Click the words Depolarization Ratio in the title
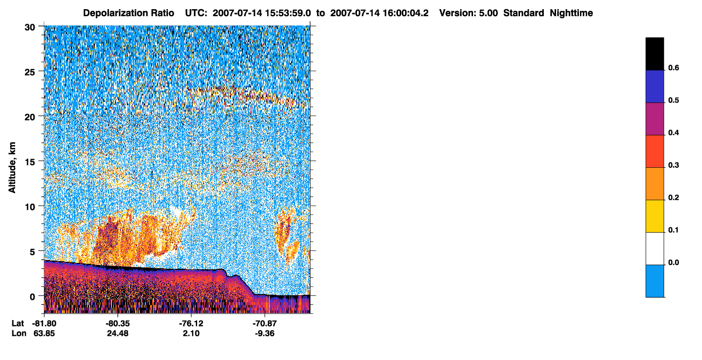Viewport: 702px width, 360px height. pyautogui.click(x=129, y=13)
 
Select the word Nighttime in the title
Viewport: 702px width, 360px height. pyautogui.click(x=571, y=13)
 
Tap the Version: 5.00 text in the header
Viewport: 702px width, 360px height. pyautogui.click(x=469, y=13)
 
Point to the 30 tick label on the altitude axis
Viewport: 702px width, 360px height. pyautogui.click(x=30, y=28)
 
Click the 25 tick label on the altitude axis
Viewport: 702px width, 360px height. pyautogui.click(x=30, y=72)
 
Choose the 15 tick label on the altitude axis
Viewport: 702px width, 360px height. pyautogui.click(x=30, y=162)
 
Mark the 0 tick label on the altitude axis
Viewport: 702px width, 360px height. pyautogui.click(x=32, y=297)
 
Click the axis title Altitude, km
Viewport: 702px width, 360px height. pyautogui.click(x=12, y=168)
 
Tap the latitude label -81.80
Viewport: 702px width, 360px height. pyautogui.click(x=44, y=324)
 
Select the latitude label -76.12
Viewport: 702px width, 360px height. pyautogui.click(x=191, y=324)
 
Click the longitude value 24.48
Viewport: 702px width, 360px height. pyautogui.click(x=118, y=334)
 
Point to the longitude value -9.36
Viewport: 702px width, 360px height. pyautogui.click(x=265, y=334)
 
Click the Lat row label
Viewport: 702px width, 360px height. pyautogui.click(x=18, y=324)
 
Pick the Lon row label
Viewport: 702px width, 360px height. pyautogui.click(x=19, y=334)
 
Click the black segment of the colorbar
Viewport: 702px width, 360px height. pyautogui.click(x=654, y=54)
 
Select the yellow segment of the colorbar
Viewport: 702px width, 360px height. pyautogui.click(x=654, y=216)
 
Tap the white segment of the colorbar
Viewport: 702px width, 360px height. pyautogui.click(x=654, y=249)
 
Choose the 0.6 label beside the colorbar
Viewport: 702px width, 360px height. pyautogui.click(x=673, y=67)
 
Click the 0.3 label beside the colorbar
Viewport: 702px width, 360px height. pyautogui.click(x=673, y=165)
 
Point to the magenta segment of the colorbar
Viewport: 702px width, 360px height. pyautogui.click(x=654, y=119)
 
